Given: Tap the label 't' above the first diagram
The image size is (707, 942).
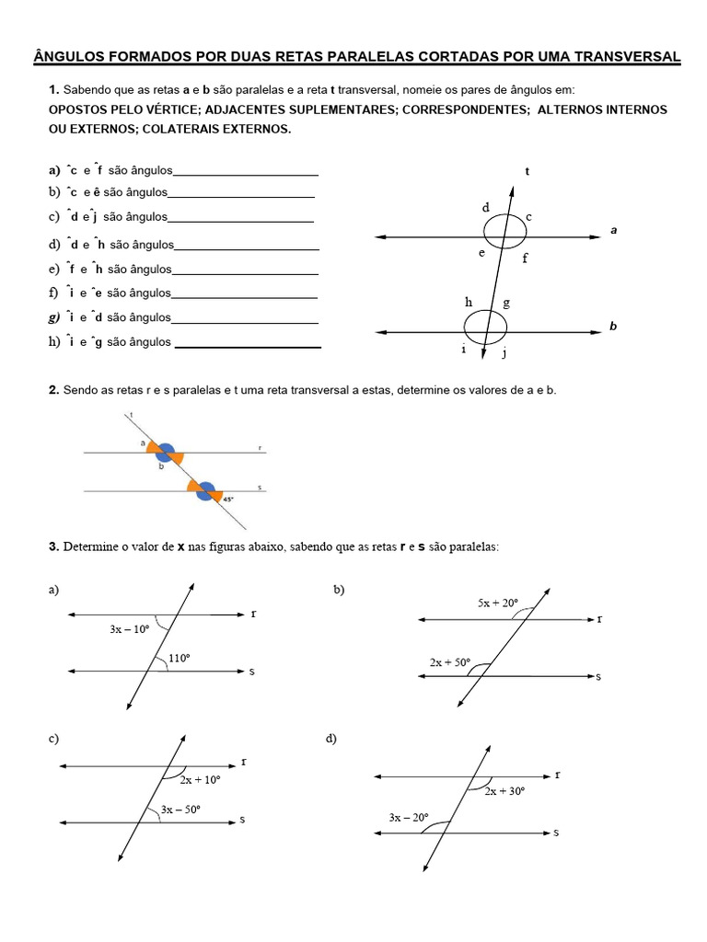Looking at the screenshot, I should click(527, 171).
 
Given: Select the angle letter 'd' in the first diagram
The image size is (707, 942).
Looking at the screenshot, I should click(485, 208).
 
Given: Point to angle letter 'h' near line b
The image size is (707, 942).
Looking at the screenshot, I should click(469, 302).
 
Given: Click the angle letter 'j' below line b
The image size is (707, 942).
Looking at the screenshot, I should click(504, 351).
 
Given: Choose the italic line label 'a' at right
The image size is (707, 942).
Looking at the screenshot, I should click(613, 231).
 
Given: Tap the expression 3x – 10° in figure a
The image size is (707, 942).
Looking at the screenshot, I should click(130, 629).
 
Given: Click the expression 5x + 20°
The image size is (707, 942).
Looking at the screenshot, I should click(498, 603).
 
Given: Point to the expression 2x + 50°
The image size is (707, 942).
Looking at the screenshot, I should click(450, 661).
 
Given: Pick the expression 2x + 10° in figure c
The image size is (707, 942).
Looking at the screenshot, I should click(200, 779).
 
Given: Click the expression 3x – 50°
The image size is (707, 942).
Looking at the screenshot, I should click(180, 809).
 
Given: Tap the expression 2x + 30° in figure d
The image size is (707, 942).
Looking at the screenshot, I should click(504, 790).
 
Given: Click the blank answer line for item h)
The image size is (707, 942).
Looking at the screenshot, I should click(248, 347).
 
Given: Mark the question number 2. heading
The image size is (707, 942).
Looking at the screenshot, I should click(53, 391).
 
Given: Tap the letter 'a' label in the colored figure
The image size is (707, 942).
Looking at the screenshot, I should click(143, 442).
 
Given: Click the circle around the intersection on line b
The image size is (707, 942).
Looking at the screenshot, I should click(485, 325).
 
